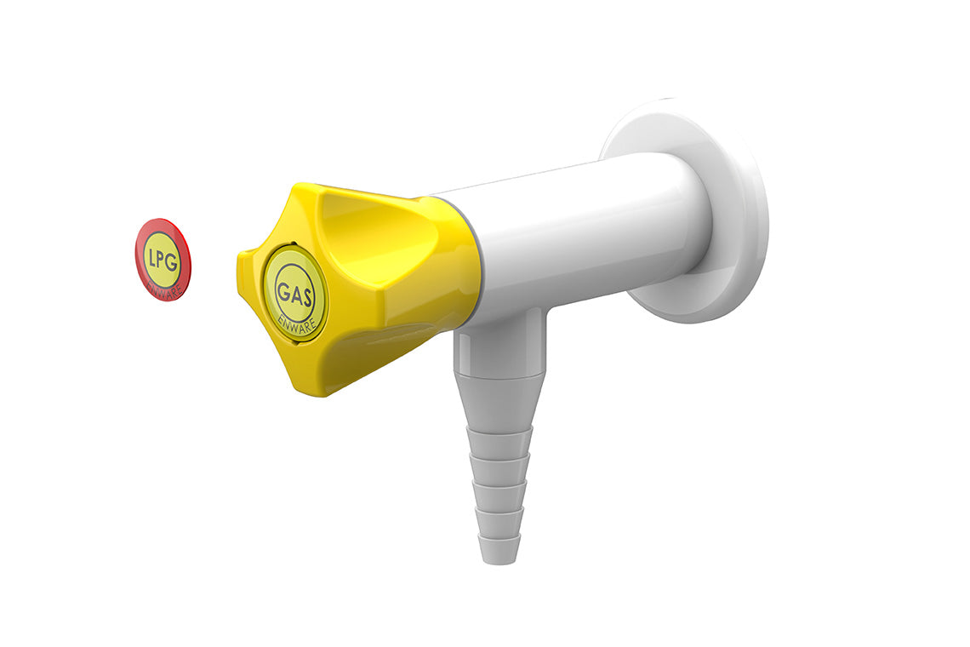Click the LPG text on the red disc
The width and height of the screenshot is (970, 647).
(161, 258)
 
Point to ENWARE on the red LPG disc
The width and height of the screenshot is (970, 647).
(164, 289)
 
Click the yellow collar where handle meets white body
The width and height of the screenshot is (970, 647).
(464, 264)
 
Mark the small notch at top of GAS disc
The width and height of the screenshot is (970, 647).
(294, 247)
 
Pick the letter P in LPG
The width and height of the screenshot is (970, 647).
(161, 258)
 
